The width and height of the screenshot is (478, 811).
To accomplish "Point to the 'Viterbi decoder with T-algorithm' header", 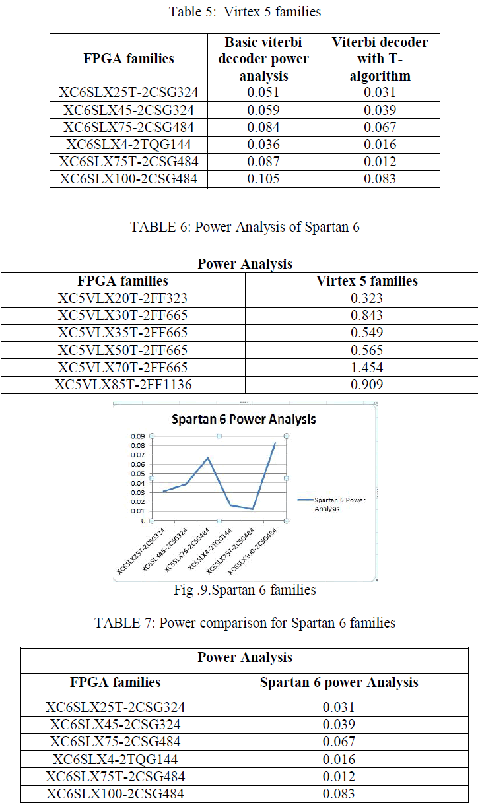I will tap(379, 59).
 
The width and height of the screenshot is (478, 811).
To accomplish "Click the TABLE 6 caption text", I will tap(245, 227).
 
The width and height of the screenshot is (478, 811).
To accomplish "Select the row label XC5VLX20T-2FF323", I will tap(123, 298).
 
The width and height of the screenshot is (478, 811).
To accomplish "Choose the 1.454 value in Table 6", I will tap(366, 368).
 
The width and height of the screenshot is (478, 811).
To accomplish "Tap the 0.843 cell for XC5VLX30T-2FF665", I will tap(366, 315).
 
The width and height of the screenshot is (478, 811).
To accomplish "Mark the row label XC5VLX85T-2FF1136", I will tap(123, 385).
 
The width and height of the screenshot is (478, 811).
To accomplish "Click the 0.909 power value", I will tap(366, 385).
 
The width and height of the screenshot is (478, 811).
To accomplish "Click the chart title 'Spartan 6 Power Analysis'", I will tap(244, 419).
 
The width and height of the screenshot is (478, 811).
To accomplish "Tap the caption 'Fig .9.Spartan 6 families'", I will tap(244, 590).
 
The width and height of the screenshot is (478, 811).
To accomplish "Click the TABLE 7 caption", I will tap(245, 623).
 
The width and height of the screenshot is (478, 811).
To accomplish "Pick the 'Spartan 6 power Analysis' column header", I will tap(339, 682).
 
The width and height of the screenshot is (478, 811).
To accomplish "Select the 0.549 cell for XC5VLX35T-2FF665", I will tap(366, 333).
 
